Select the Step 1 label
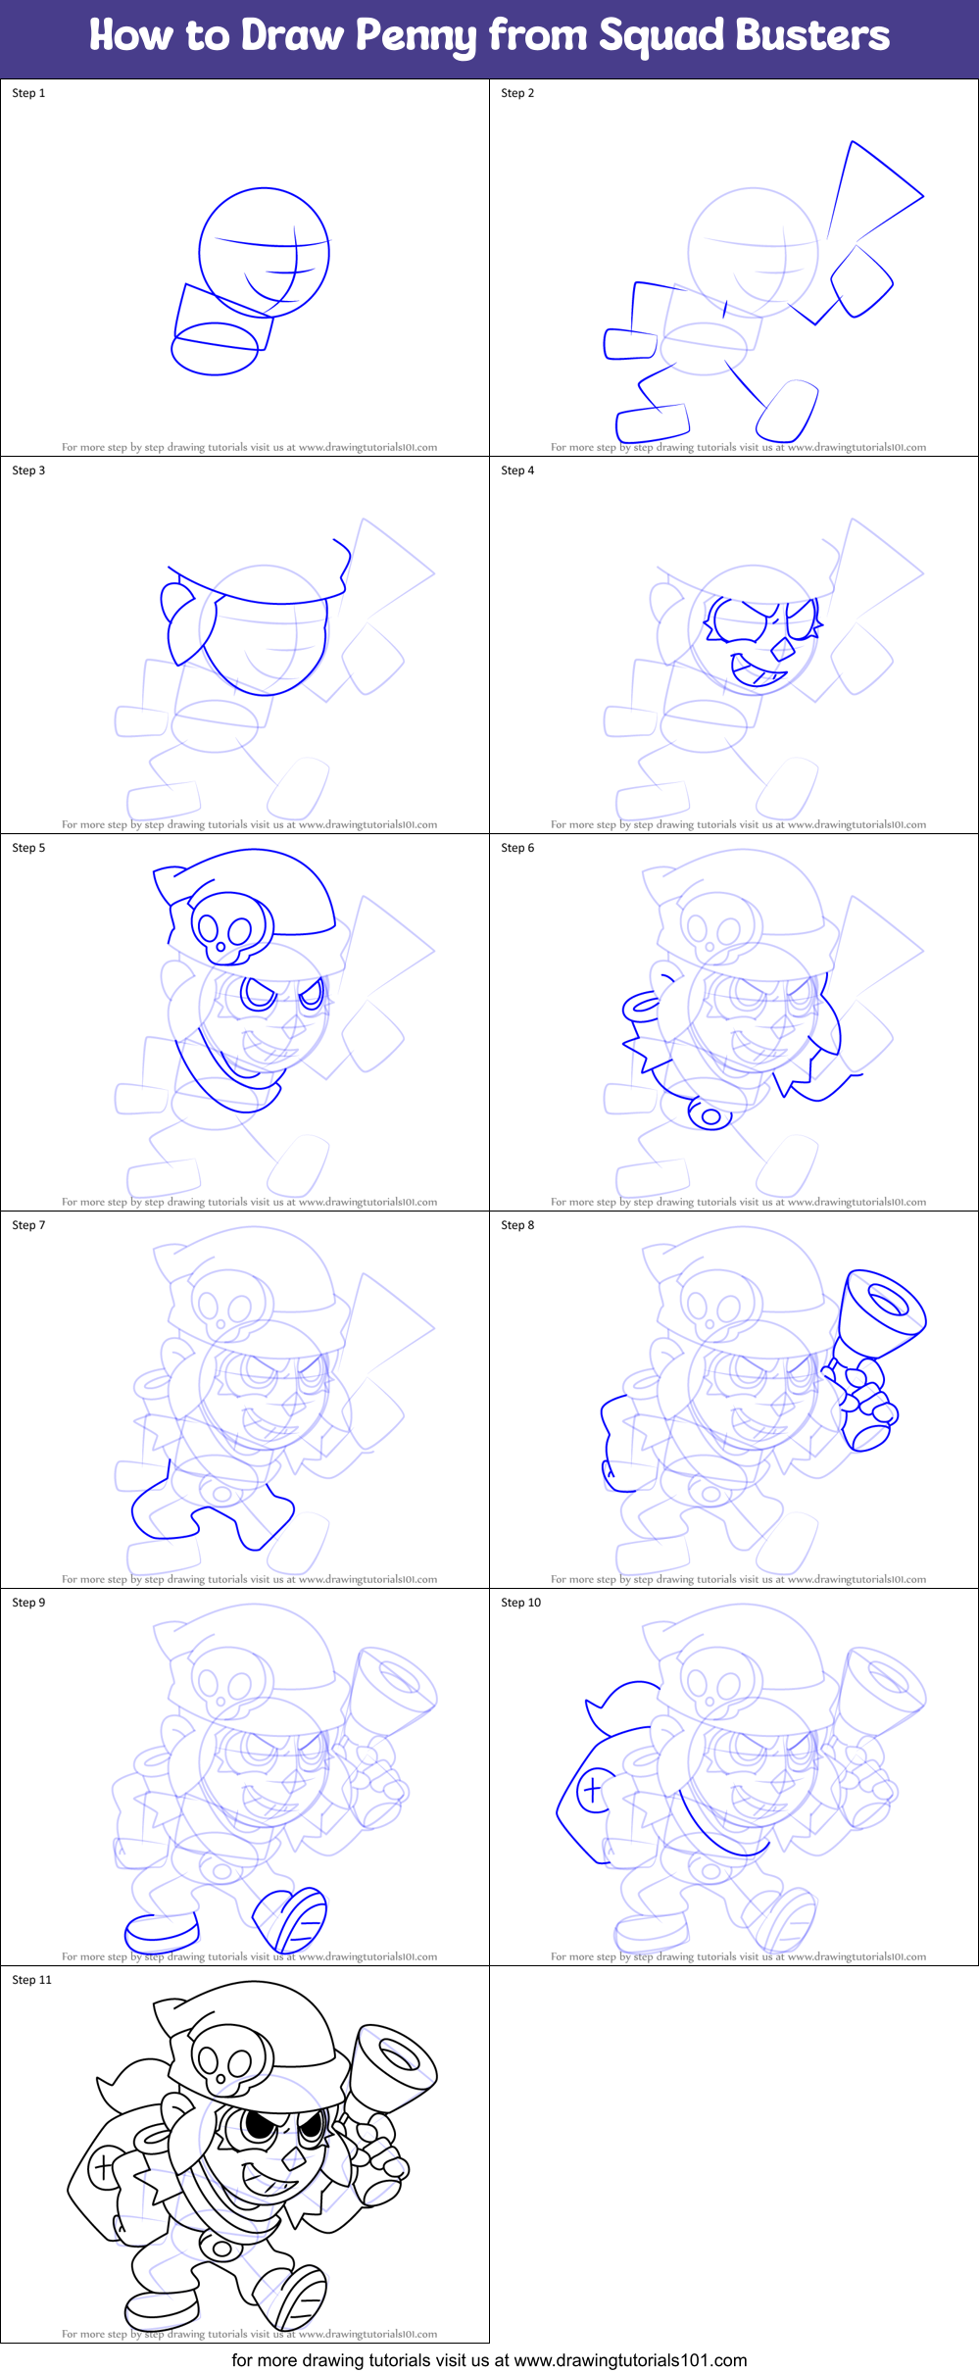point(28,93)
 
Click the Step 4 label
point(517,470)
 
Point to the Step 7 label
point(28,1225)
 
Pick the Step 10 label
point(520,1603)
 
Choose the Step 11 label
point(31,1980)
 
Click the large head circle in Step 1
point(264,252)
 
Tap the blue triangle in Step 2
point(868,191)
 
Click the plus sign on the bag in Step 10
point(592,1790)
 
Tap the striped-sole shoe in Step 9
point(291,1918)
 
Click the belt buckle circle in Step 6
point(711,1116)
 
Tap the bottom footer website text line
point(489,2359)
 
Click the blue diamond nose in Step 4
point(782,650)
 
